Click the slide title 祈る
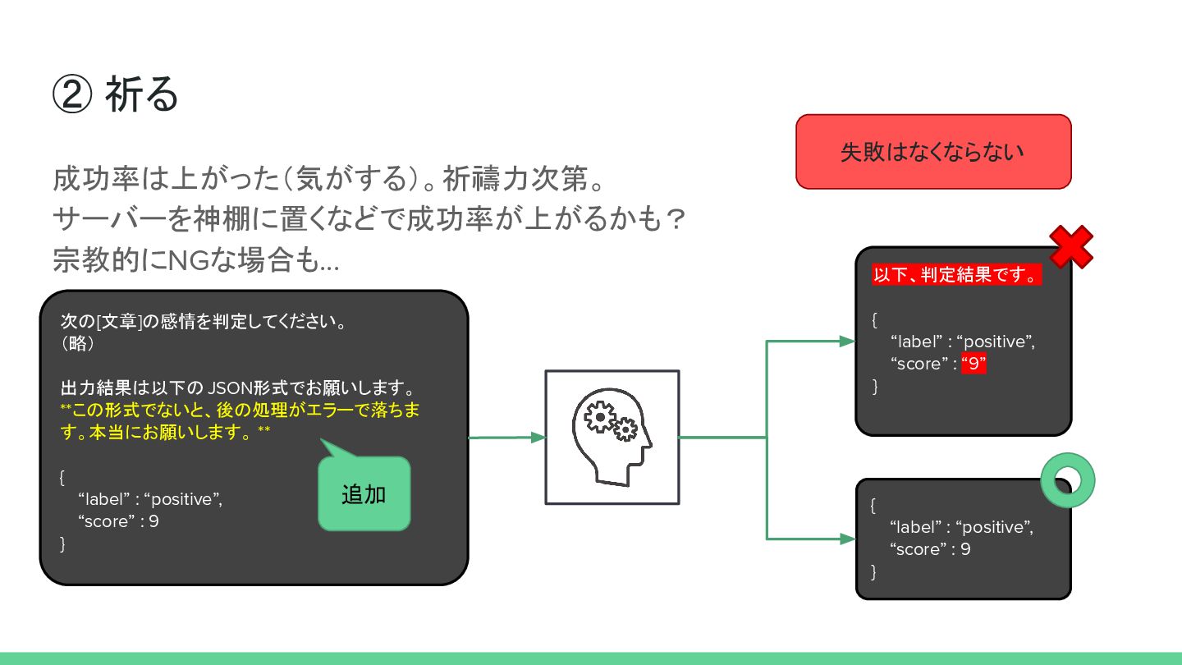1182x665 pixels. [x=141, y=95]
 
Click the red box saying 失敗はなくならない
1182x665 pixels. [x=933, y=152]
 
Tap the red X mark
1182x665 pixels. [x=1071, y=246]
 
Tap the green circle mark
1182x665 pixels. [x=1068, y=480]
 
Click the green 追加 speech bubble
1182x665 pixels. [x=364, y=494]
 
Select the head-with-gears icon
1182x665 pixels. [x=612, y=437]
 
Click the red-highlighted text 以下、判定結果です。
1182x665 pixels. [x=956, y=275]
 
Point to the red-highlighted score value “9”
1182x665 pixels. [x=973, y=364]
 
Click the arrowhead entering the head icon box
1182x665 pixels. [x=538, y=438]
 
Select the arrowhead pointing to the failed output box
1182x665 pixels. [x=848, y=342]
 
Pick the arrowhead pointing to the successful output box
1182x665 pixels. [x=848, y=539]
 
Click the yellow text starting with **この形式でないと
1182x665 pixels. [x=240, y=420]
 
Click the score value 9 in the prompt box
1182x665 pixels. [x=153, y=521]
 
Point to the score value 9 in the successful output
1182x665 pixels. [x=965, y=549]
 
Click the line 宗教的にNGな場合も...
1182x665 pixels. [x=195, y=261]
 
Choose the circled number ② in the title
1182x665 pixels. [x=71, y=95]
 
